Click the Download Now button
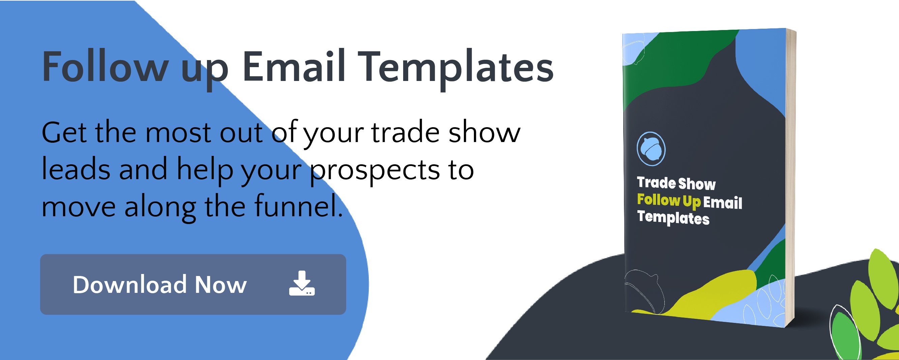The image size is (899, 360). [193, 284]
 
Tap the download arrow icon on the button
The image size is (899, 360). [302, 283]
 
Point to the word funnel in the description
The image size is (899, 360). [298, 206]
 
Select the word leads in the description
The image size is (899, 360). [76, 168]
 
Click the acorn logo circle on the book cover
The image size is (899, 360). [651, 149]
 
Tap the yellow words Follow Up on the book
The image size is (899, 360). [669, 200]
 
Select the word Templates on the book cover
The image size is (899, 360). [673, 218]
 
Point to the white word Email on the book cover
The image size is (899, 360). [722, 202]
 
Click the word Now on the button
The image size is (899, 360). [220, 284]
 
